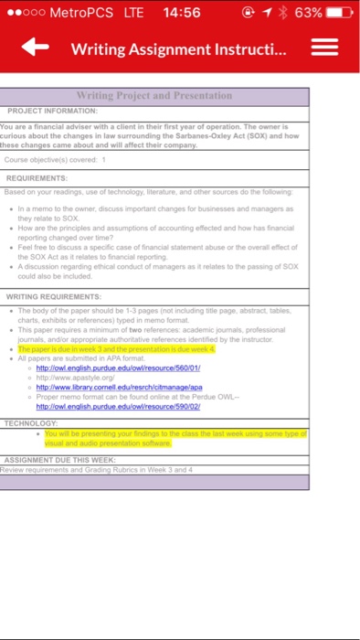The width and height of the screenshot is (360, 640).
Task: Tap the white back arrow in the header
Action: (36, 48)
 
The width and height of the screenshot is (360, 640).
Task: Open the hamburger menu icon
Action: (325, 48)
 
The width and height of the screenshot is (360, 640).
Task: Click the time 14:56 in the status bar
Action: (179, 13)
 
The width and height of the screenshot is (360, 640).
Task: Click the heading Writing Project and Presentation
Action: (154, 95)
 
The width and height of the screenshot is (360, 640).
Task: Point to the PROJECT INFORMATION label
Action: (52, 110)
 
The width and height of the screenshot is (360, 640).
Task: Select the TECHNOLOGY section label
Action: (32, 424)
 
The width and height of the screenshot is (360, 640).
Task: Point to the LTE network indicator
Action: (132, 13)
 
